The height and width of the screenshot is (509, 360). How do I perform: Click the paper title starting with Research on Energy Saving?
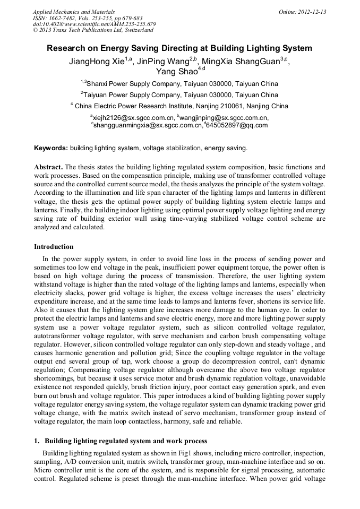coord(179,48)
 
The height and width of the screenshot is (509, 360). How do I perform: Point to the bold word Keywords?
coord(51,148)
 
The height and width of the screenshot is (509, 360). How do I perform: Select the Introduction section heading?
coord(54,247)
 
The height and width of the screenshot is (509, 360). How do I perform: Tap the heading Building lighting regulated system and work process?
coord(125,441)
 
